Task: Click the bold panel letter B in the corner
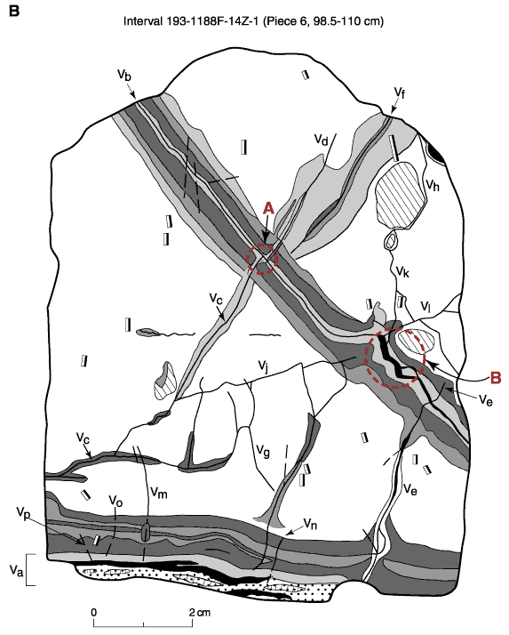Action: point(13,11)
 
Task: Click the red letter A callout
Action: point(268,209)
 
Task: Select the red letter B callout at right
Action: point(496,378)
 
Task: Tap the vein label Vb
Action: point(124,76)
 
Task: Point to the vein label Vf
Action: point(400,92)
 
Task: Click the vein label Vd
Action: point(322,141)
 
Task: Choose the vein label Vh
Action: point(433,185)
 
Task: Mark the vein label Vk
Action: point(402,271)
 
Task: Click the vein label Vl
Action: point(425,306)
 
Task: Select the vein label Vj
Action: point(264,366)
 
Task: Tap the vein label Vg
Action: point(263,450)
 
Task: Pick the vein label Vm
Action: point(159,493)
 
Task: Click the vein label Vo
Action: point(115,502)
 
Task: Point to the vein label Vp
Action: point(23,512)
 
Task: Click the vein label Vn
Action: point(310,525)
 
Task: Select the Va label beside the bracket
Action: point(16,571)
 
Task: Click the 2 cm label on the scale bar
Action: point(200,612)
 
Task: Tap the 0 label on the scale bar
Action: point(94,612)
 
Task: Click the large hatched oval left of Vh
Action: point(401,196)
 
